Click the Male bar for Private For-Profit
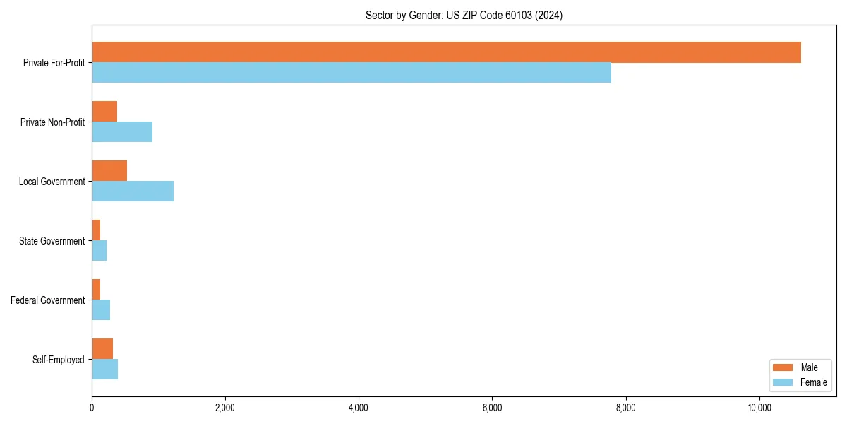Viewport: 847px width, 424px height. point(446,52)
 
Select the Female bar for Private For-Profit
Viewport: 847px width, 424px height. point(352,73)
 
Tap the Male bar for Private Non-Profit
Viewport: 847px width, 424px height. point(104,112)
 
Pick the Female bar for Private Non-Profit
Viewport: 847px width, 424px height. point(122,132)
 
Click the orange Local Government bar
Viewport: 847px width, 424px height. point(109,171)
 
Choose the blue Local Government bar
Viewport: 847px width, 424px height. point(133,192)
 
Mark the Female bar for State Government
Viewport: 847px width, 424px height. point(100,251)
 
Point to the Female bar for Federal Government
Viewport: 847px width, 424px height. point(101,310)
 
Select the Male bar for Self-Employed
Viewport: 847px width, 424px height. point(102,349)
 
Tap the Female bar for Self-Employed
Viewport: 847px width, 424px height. point(105,370)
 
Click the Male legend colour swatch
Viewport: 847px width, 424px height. point(783,367)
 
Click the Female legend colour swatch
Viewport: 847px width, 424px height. point(783,382)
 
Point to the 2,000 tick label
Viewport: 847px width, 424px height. point(225,408)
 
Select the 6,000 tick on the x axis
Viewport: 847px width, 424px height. point(492,408)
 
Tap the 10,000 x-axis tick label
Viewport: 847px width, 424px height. point(759,408)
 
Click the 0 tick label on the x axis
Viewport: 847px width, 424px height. point(92,408)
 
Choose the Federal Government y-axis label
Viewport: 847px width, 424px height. point(48,300)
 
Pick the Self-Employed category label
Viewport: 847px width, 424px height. point(59,360)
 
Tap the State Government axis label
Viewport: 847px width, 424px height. point(52,241)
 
